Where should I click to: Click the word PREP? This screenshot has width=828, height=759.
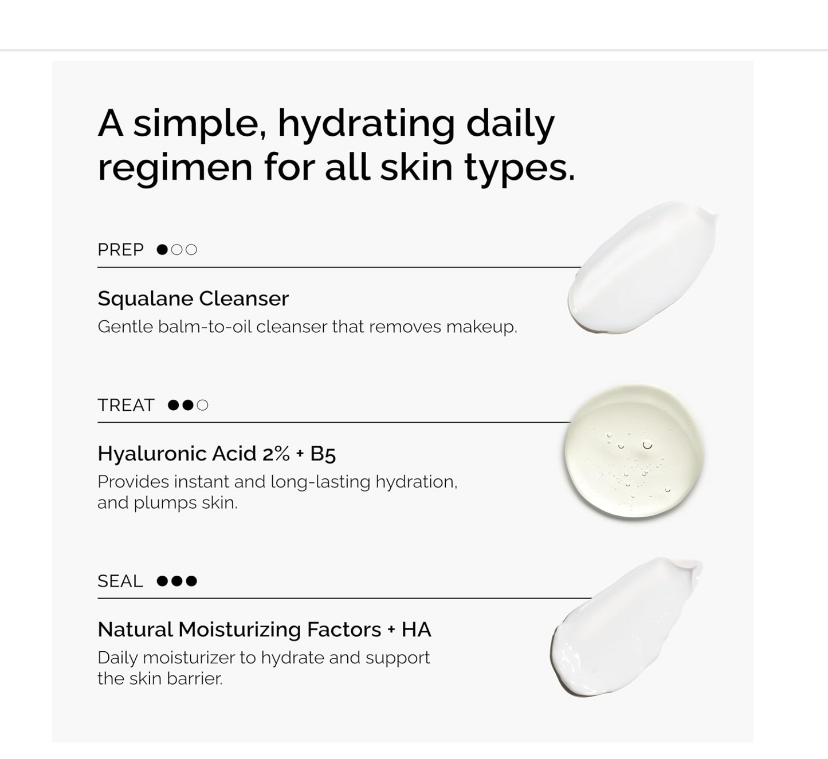pyautogui.click(x=120, y=250)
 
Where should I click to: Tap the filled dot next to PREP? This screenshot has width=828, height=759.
pyautogui.click(x=162, y=250)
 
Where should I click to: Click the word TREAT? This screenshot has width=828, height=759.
pyautogui.click(x=126, y=405)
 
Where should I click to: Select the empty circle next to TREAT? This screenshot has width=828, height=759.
pyautogui.click(x=202, y=405)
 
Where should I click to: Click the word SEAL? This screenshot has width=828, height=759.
pyautogui.click(x=120, y=581)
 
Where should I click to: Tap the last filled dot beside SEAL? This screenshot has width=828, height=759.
pyautogui.click(x=191, y=581)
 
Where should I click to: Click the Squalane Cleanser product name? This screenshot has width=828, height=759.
pyautogui.click(x=193, y=298)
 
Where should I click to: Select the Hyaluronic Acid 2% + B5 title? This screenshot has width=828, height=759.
pyautogui.click(x=216, y=454)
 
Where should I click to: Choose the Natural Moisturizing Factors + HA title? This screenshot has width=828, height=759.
pyautogui.click(x=264, y=630)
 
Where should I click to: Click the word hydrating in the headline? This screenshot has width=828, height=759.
pyautogui.click(x=366, y=123)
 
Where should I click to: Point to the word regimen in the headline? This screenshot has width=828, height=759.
pyautogui.click(x=175, y=167)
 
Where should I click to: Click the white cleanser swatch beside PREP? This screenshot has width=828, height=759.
pyautogui.click(x=642, y=268)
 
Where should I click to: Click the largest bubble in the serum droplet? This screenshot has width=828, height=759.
pyautogui.click(x=648, y=445)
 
